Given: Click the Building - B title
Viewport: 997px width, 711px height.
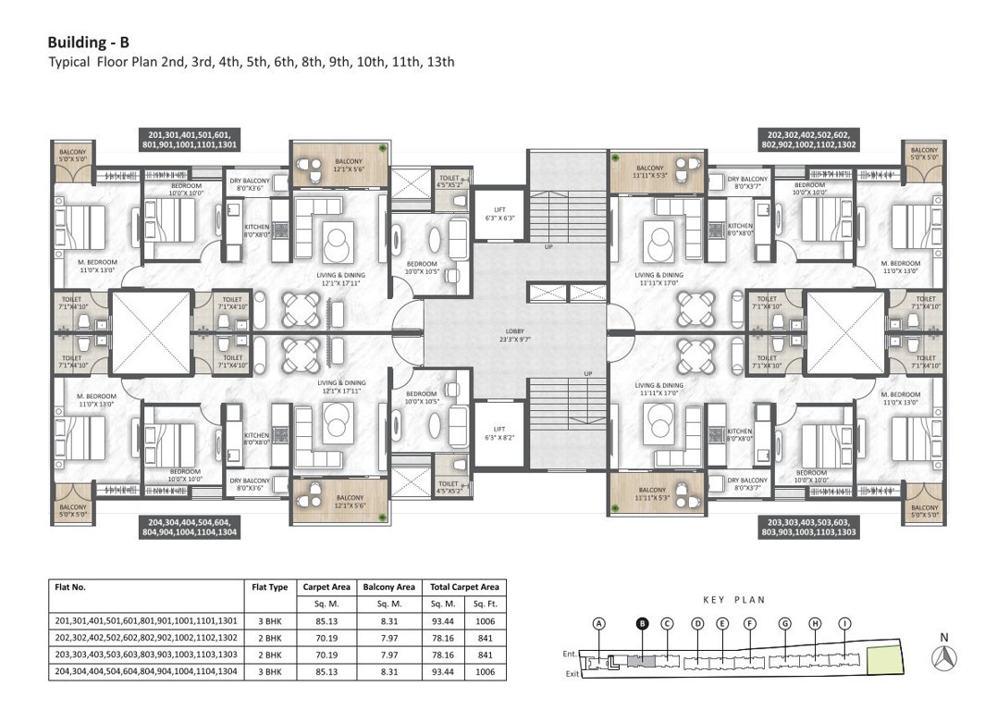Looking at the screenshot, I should (89, 43).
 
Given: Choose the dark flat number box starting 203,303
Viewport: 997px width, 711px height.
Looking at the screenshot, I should (807, 528).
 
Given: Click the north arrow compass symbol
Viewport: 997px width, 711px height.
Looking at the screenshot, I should (944, 656).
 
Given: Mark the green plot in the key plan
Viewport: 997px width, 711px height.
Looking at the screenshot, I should (886, 659).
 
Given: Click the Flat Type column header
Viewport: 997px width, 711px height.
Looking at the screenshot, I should (270, 587).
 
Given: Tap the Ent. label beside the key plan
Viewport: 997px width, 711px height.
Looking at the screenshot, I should (570, 655).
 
